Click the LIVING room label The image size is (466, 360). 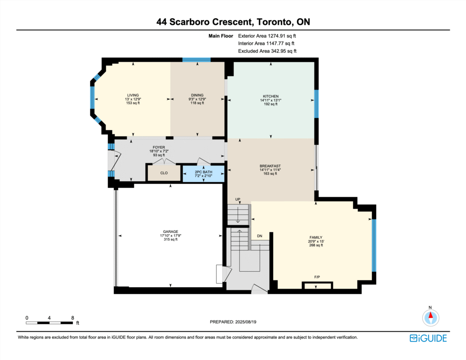[133, 96]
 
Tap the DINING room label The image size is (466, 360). [198, 96]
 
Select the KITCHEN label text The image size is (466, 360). [271, 96]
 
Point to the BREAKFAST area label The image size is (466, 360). [270, 166]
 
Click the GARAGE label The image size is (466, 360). [171, 232]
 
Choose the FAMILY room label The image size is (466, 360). [316, 238]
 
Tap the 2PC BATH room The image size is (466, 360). [203, 173]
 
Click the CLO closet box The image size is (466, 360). [164, 172]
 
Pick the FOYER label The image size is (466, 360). [159, 147]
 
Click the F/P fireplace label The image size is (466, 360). [317, 277]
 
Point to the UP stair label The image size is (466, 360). [238, 199]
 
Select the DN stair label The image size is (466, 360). [260, 236]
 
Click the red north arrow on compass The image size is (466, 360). [431, 315]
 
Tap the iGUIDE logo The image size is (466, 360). [428, 338]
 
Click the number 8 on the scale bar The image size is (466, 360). [72, 318]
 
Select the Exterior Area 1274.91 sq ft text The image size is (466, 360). [267, 36]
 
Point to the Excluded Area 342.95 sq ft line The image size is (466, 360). [267, 51]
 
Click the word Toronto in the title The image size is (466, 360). [274, 22]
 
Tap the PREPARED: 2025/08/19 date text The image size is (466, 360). [233, 322]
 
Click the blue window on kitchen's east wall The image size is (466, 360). [317, 104]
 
